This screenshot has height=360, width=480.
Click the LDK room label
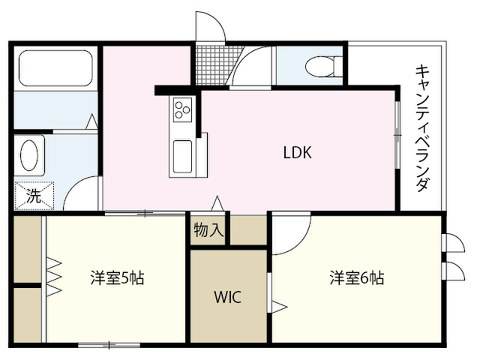pyautogui.click(x=298, y=152)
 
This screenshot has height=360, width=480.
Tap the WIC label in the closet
pyautogui.click(x=228, y=297)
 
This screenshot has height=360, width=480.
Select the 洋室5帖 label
pyautogui.click(x=117, y=277)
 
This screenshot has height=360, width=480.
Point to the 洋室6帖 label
pyautogui.click(x=357, y=277)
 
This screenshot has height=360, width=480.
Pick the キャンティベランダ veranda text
pyautogui.click(x=423, y=127)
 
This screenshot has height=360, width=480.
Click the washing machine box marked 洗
pyautogui.click(x=34, y=196)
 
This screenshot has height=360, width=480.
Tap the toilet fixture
pyautogui.click(x=324, y=67)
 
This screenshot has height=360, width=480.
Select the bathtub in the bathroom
pyautogui.click(x=55, y=68)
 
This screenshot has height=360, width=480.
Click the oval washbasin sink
pyautogui.click(x=30, y=155)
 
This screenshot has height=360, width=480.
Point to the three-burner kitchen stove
pyautogui.click(x=183, y=109)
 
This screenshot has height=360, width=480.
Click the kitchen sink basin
pyautogui.click(x=183, y=157)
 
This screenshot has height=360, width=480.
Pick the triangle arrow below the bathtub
pyautogui.click(x=91, y=121)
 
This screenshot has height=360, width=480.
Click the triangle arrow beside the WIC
pyautogui.click(x=279, y=307)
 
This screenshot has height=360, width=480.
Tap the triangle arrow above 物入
pyautogui.click(x=217, y=203)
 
